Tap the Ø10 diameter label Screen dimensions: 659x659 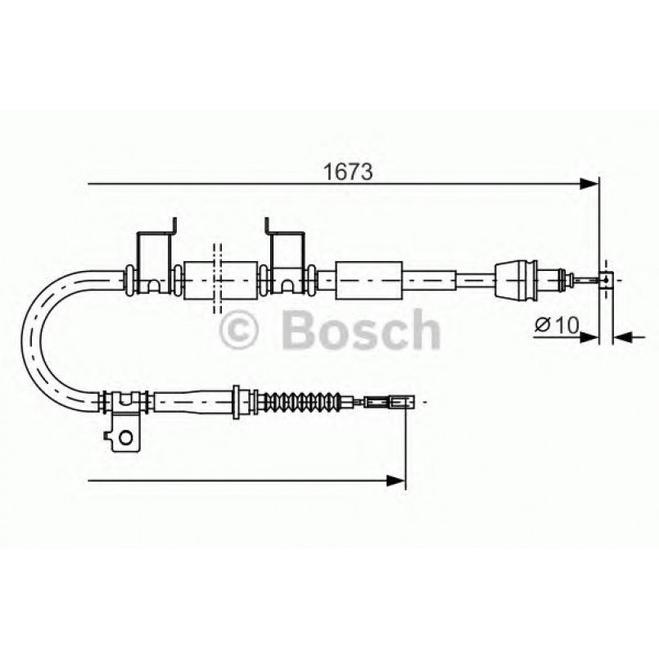pos(557,325)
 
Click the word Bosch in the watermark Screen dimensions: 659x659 pos(361,330)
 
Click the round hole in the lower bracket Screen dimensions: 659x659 pos(125,436)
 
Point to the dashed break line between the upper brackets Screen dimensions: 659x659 pos(218,278)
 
